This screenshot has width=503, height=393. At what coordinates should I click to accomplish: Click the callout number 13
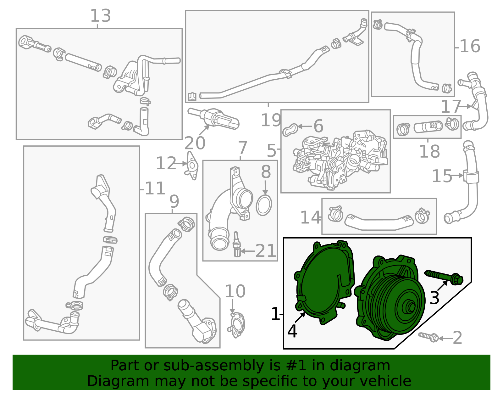point(101,16)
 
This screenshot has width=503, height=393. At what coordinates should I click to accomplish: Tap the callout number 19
point(271,120)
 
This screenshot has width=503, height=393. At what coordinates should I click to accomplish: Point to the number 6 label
point(318,126)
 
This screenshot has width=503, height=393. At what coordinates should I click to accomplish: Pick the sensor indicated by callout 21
point(237,244)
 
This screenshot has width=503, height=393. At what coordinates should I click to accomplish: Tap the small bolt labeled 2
point(428,338)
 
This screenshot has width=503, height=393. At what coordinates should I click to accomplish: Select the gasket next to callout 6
point(290,130)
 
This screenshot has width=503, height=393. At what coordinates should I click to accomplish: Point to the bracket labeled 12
point(192,166)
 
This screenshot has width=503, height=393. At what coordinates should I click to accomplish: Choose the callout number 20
point(195,143)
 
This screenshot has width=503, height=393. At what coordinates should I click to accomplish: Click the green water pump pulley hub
point(410,307)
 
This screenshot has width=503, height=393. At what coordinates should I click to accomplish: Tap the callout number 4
point(292,331)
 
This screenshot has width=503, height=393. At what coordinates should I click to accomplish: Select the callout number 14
point(310,218)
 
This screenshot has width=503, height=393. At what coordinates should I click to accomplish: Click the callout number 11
point(155,188)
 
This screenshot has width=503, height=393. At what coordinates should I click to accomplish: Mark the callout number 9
point(174,201)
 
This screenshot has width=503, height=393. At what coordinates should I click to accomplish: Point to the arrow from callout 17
point(465,106)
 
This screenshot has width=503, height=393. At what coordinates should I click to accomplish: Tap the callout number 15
point(442,176)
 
